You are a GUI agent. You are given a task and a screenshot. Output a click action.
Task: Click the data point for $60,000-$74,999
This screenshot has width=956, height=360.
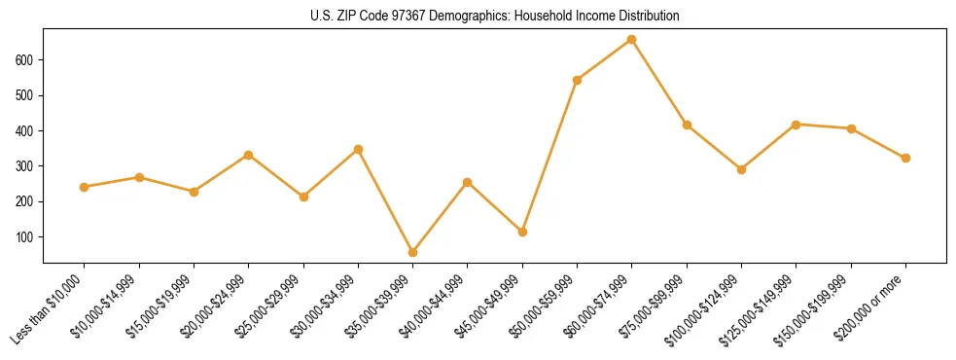click(x=632, y=40)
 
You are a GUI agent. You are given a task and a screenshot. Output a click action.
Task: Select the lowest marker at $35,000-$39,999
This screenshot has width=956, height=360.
click(x=413, y=252)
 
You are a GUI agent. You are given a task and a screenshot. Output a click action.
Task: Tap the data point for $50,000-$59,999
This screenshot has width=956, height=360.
click(x=578, y=80)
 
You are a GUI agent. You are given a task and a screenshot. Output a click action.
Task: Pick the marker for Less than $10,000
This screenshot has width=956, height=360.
click(x=85, y=187)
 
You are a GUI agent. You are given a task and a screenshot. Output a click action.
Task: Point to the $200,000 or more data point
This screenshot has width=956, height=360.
click(x=905, y=158)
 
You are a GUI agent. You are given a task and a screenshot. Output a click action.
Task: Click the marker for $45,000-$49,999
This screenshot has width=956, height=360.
click(x=522, y=232)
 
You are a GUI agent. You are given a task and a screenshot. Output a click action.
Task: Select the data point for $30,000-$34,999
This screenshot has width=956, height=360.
click(x=358, y=149)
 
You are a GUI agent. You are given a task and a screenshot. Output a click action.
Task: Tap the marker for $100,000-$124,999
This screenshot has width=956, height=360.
click(x=741, y=169)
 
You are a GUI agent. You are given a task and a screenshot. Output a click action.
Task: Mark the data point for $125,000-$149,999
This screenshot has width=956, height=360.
click(x=796, y=125)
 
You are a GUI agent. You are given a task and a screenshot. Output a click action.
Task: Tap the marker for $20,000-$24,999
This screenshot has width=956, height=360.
click(x=249, y=155)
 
